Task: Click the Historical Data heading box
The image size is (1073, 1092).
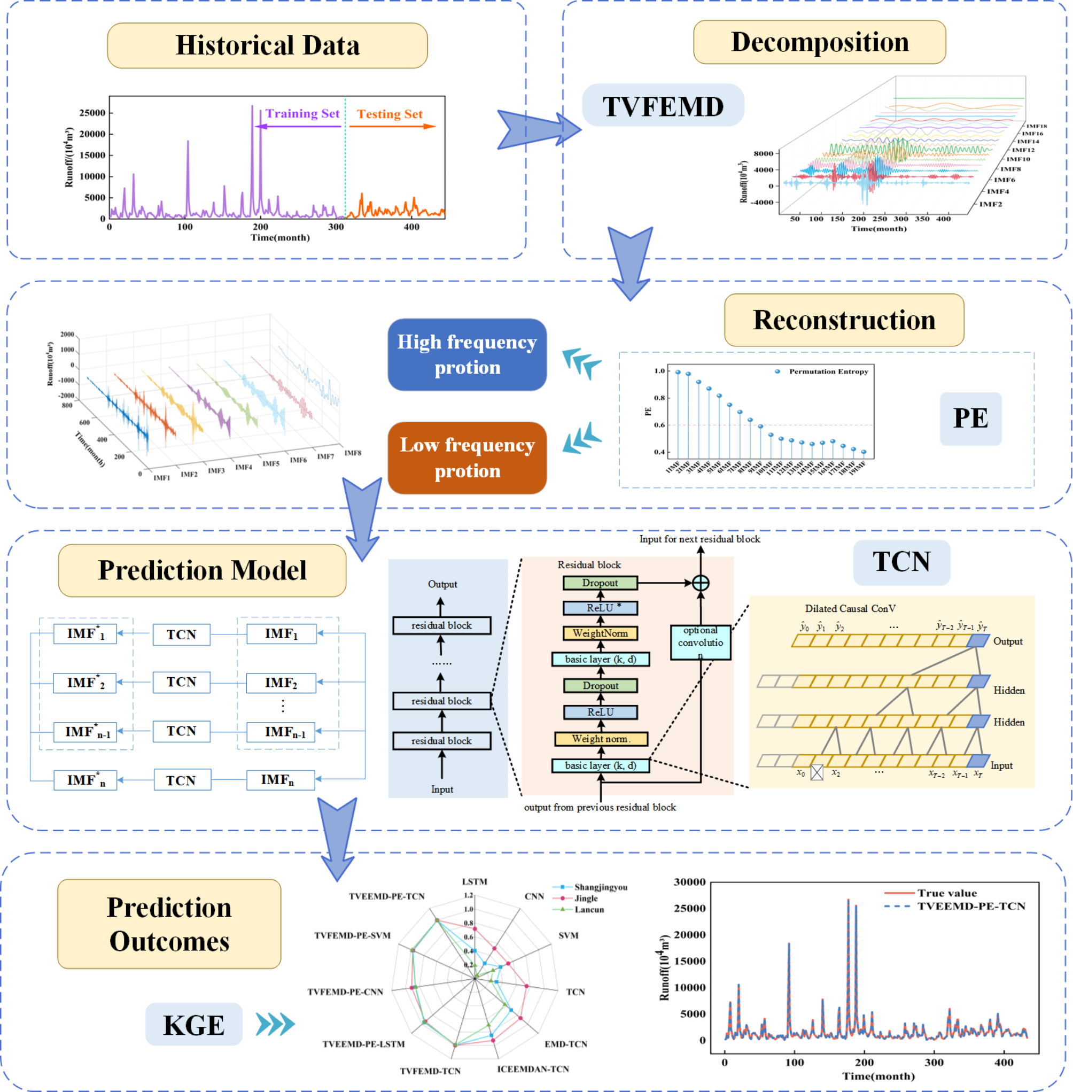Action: tap(267, 45)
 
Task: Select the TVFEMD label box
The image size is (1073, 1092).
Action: tap(663, 105)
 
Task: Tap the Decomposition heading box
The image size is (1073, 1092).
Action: tap(819, 42)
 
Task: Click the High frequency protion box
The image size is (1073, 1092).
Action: tap(466, 354)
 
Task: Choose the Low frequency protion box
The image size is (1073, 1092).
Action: tap(466, 458)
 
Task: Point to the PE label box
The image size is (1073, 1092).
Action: tap(970, 419)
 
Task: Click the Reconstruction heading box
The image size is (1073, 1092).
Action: tap(844, 320)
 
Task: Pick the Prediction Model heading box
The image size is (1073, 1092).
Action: tap(202, 570)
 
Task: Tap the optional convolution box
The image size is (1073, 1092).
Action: tap(700, 642)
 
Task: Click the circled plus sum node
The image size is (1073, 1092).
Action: tap(700, 583)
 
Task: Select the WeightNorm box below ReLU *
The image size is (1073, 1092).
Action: tap(600, 633)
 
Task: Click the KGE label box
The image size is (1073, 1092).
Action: tap(194, 1024)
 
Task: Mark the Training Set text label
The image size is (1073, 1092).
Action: tap(302, 114)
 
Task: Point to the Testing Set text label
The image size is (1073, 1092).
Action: tap(390, 114)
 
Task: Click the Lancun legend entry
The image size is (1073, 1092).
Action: tap(588, 909)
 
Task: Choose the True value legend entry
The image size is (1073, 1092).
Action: tap(947, 893)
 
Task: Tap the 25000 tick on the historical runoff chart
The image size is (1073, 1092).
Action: tap(92, 113)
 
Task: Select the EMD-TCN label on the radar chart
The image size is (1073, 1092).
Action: tap(565, 1044)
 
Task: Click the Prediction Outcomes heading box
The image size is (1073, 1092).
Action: tap(169, 924)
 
